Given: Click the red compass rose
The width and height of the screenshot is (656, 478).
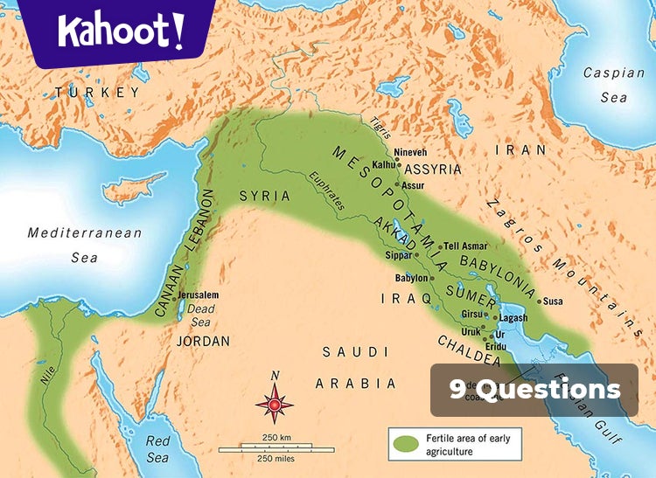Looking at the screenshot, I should pyautogui.click(x=275, y=405).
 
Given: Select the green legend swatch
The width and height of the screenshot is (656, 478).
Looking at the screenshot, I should pyautogui.click(x=405, y=445).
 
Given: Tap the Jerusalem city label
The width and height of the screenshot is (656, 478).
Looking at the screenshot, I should pyautogui.click(x=200, y=295).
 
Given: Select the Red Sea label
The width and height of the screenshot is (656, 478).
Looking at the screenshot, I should pyautogui.click(x=158, y=449).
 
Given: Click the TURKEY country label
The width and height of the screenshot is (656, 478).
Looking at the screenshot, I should pyautogui.click(x=96, y=92).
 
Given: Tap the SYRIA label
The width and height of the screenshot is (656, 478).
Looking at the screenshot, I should pyautogui.click(x=264, y=197).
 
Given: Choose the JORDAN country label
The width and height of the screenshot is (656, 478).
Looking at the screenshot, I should pyautogui.click(x=203, y=341).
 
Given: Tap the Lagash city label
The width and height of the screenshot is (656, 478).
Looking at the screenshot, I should pyautogui.click(x=513, y=318).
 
